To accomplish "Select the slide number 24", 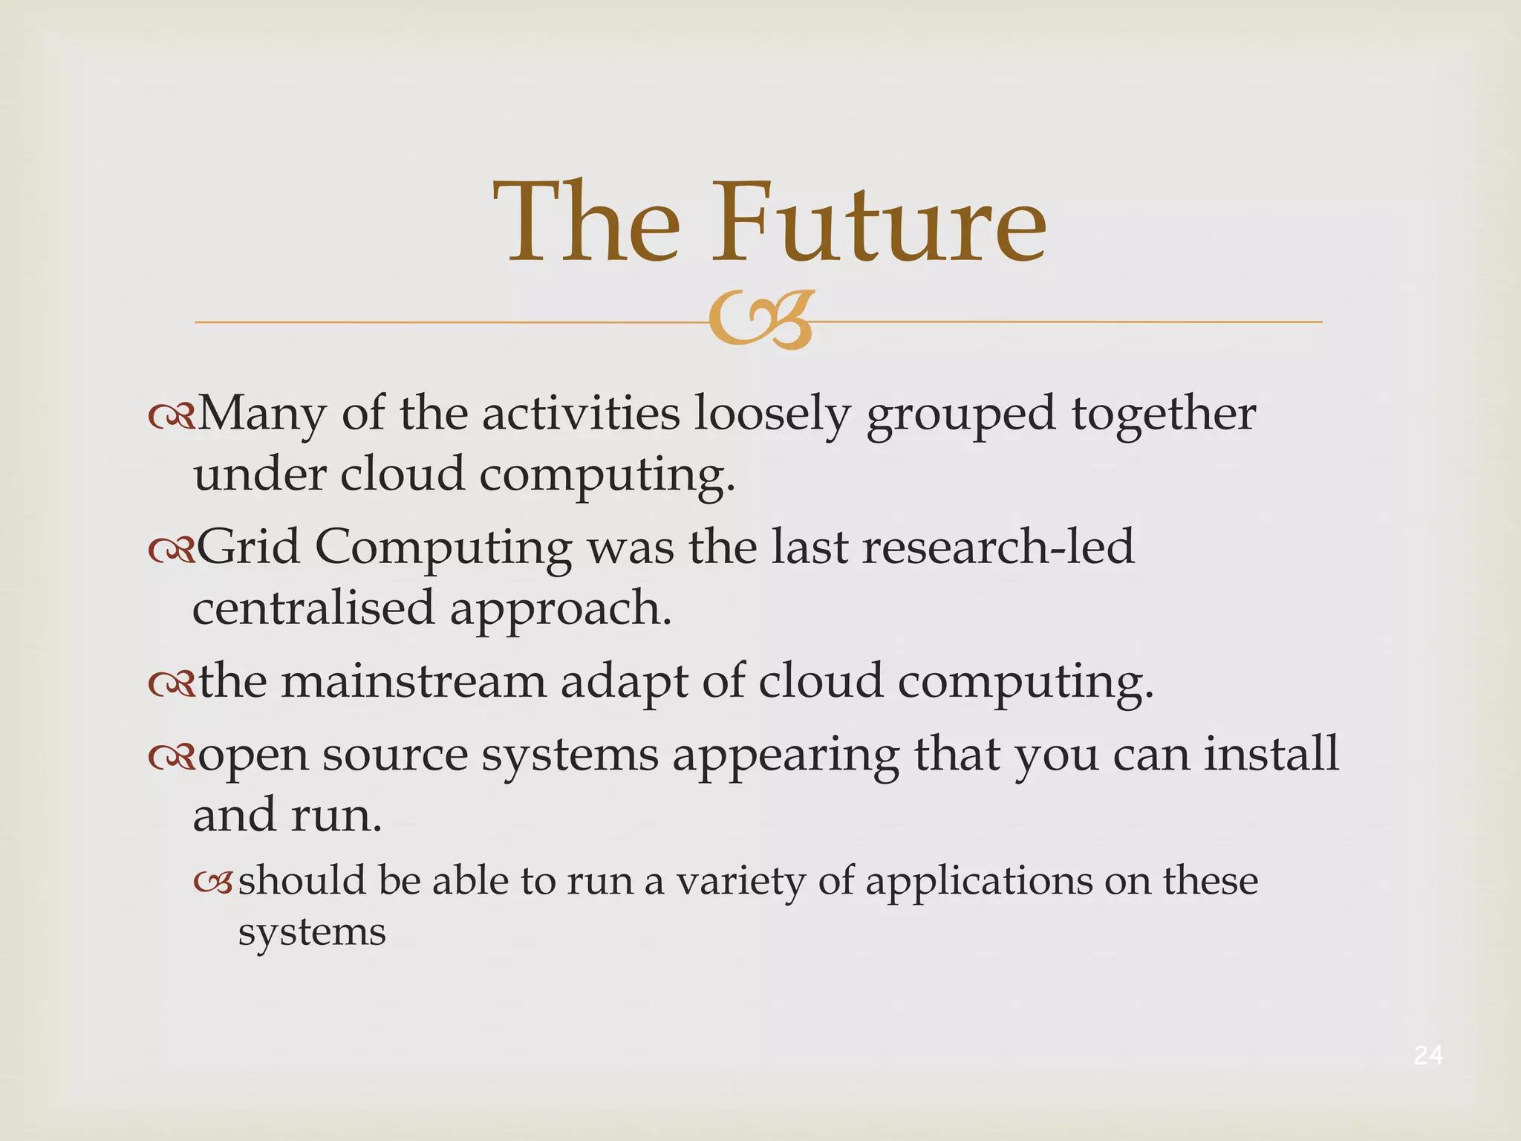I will [1428, 1055].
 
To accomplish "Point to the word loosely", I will [772, 414].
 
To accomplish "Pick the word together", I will [1163, 414].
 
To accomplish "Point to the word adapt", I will [624, 681].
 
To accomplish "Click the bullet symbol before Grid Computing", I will [171, 550].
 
